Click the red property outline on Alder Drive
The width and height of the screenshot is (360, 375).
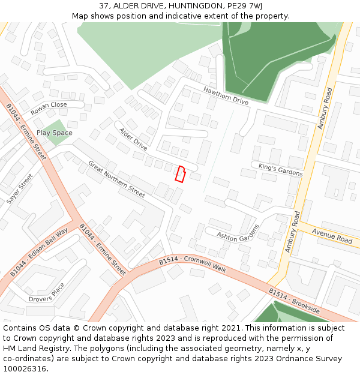(x=179, y=173)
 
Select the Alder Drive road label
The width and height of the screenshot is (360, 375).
(x=133, y=139)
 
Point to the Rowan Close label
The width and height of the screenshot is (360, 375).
(x=49, y=108)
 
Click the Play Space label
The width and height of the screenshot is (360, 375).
(x=54, y=133)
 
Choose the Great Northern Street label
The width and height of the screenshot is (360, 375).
(x=116, y=179)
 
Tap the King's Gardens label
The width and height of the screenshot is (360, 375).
(x=281, y=169)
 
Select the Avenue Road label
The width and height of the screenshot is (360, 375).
(x=332, y=236)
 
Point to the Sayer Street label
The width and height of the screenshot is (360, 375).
(x=20, y=189)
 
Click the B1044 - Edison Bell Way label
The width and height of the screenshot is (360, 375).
(x=39, y=253)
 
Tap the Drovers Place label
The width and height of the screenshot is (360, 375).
(x=47, y=292)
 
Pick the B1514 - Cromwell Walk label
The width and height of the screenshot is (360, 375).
(x=193, y=265)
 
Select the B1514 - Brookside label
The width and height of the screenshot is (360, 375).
(x=294, y=301)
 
